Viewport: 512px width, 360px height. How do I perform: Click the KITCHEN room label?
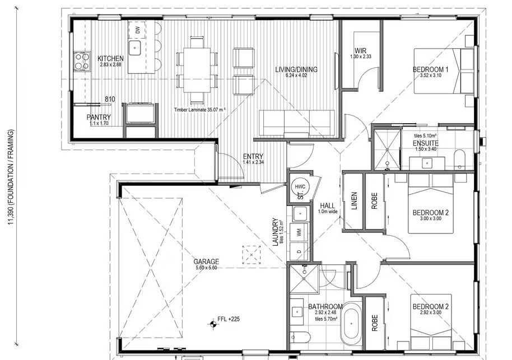pos(110,59)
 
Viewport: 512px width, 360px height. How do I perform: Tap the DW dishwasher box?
pos(137,30)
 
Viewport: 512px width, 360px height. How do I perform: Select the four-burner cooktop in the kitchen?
pos(82,62)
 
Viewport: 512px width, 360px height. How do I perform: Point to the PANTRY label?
pos(99,117)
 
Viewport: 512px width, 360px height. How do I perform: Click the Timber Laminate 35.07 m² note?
pos(199,110)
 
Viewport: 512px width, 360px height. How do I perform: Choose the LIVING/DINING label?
pos(296,69)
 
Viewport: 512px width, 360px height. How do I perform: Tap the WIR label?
pos(360,51)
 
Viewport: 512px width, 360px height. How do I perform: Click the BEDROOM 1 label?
pos(430,69)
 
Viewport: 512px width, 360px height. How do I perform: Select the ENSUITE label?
pos(426,143)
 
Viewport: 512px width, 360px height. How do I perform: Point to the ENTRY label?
pos(253,157)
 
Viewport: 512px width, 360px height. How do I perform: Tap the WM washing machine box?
pos(299,232)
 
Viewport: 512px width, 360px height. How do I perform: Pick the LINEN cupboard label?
pos(354,201)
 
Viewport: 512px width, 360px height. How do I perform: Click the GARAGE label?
pos(206,262)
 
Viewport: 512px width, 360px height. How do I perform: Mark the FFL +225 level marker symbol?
pos(212,324)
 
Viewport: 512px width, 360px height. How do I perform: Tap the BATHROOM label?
pos(325,307)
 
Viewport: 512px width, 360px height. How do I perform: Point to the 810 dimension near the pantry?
pos(110,99)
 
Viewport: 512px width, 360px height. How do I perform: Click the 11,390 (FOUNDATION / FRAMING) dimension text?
pos(11,177)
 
